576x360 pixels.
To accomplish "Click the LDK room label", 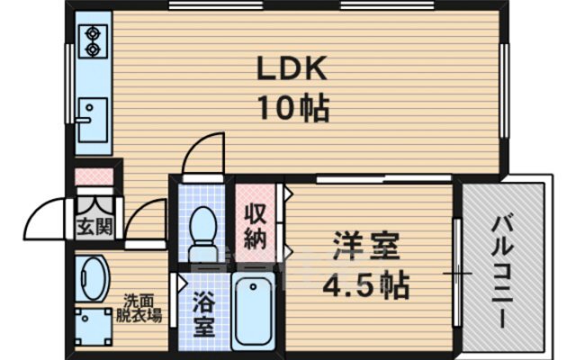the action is pyautogui.click(x=292, y=68).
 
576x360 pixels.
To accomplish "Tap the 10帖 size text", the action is pyautogui.click(x=294, y=108).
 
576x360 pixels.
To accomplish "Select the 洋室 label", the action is pyautogui.click(x=366, y=246).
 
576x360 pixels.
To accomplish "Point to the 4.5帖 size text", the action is pyautogui.click(x=366, y=284).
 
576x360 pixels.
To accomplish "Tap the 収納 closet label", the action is pyautogui.click(x=256, y=227).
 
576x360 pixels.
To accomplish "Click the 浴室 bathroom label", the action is pyautogui.click(x=204, y=314).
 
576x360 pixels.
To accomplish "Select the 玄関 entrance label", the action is pyautogui.click(x=94, y=227).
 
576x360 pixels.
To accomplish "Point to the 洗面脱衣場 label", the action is pyautogui.click(x=139, y=308).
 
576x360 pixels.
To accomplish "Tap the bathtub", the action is pyautogui.click(x=253, y=310).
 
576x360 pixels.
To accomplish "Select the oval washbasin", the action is pyautogui.click(x=92, y=278).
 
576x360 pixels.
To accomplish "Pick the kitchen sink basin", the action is pyautogui.click(x=94, y=120).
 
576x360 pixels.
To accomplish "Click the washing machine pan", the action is pyautogui.click(x=94, y=327).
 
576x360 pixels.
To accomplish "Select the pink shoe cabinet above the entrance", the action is pyautogui.click(x=94, y=176).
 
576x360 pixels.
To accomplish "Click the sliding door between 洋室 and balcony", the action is pyautogui.click(x=456, y=272).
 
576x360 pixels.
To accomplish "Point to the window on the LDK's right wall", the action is pyautogui.click(x=504, y=91).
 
